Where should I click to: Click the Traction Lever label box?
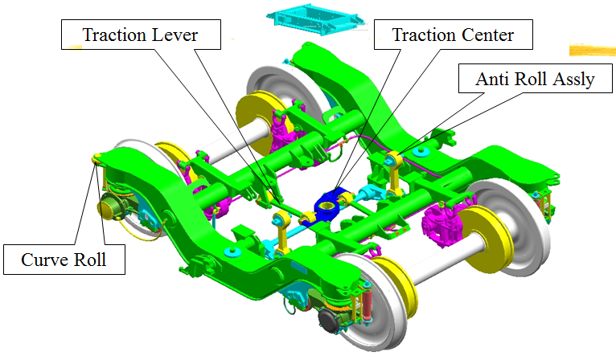pos(141,35)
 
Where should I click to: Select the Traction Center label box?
pos(454,35)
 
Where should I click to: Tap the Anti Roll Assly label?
pos(535,79)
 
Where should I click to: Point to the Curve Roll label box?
pos(64,260)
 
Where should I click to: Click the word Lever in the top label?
pos(175,35)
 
